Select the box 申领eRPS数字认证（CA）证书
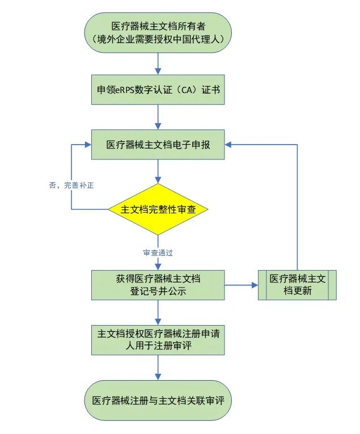[x=158, y=90]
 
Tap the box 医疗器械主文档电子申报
[x=158, y=145]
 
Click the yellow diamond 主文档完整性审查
[x=158, y=209]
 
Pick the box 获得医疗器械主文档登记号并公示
[x=158, y=285]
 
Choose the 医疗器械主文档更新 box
[x=298, y=285]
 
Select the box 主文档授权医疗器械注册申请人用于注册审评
[x=158, y=340]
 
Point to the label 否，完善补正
[x=70, y=185]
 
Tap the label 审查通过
[x=158, y=252]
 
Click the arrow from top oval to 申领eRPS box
[x=158, y=64]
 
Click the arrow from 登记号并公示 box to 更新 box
[x=241, y=285]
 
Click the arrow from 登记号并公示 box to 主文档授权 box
[x=158, y=312]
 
